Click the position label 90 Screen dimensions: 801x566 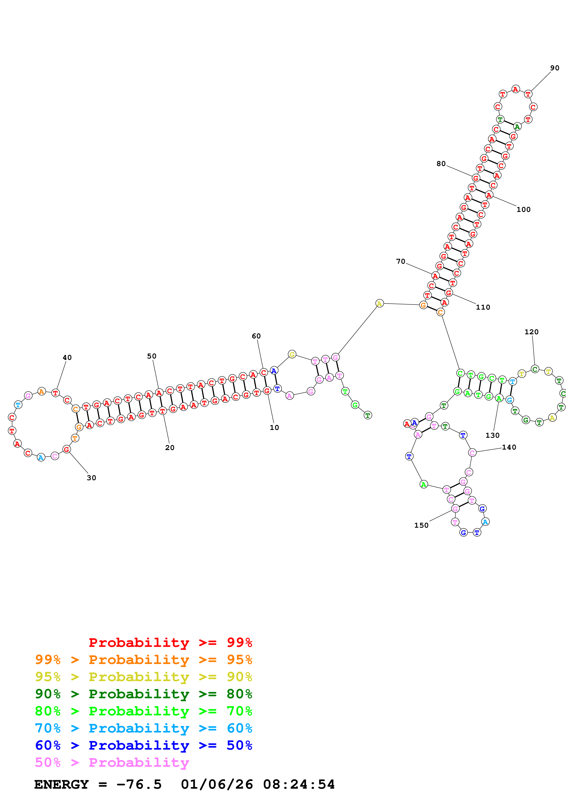(555, 68)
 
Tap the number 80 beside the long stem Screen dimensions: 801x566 (441, 164)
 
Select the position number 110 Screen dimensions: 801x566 (483, 307)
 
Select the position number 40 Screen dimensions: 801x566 (67, 357)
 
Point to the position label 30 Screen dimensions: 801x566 (91, 478)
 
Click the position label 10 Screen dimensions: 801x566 (274, 427)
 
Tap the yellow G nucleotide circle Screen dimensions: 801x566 (292, 354)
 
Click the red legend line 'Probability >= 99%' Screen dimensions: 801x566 (170, 642)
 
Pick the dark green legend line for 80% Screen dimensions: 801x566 (143, 694)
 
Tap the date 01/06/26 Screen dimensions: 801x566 (217, 784)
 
